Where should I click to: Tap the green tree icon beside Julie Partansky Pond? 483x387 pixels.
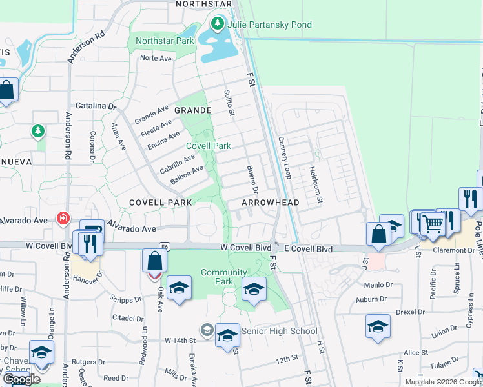pyautogui.click(x=218, y=25)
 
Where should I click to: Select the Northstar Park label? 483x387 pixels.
pyautogui.click(x=165, y=41)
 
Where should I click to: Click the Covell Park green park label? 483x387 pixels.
pyautogui.click(x=209, y=146)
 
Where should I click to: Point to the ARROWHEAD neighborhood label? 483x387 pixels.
pyautogui.click(x=271, y=203)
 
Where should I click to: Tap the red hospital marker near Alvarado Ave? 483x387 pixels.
pyautogui.click(x=63, y=218)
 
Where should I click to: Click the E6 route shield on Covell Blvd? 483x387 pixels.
pyautogui.click(x=165, y=246)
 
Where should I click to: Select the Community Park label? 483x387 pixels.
pyautogui.click(x=224, y=277)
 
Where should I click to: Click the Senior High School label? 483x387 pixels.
pyautogui.click(x=279, y=332)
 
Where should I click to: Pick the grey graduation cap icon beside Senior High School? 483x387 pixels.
pyautogui.click(x=207, y=331)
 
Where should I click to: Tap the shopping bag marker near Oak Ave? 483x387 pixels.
pyautogui.click(x=154, y=261)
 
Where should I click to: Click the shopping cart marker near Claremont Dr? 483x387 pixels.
pyautogui.click(x=433, y=224)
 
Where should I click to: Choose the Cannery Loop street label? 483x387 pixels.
pyautogui.click(x=285, y=157)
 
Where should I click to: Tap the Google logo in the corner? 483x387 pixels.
pyautogui.click(x=21, y=379)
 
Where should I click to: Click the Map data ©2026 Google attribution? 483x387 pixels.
pyautogui.click(x=442, y=382)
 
